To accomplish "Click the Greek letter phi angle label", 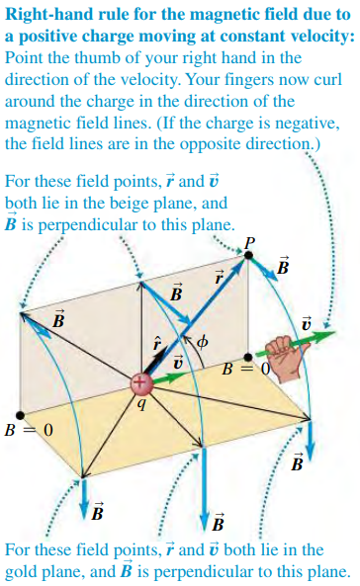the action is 205,343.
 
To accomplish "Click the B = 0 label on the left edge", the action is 27,431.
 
